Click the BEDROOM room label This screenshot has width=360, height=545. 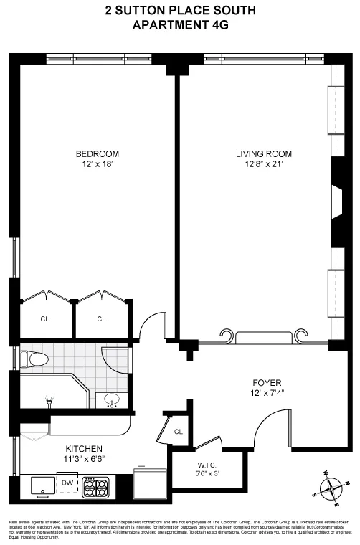click(98, 153)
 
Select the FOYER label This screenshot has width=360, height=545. click(266, 382)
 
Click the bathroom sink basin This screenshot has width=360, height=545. click(112, 399)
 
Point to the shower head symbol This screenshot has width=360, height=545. click(48, 400)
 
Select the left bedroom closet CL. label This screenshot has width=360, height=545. click(46, 319)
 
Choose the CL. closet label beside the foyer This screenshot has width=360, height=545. click(179, 432)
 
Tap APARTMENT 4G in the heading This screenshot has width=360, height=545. click(179, 25)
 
